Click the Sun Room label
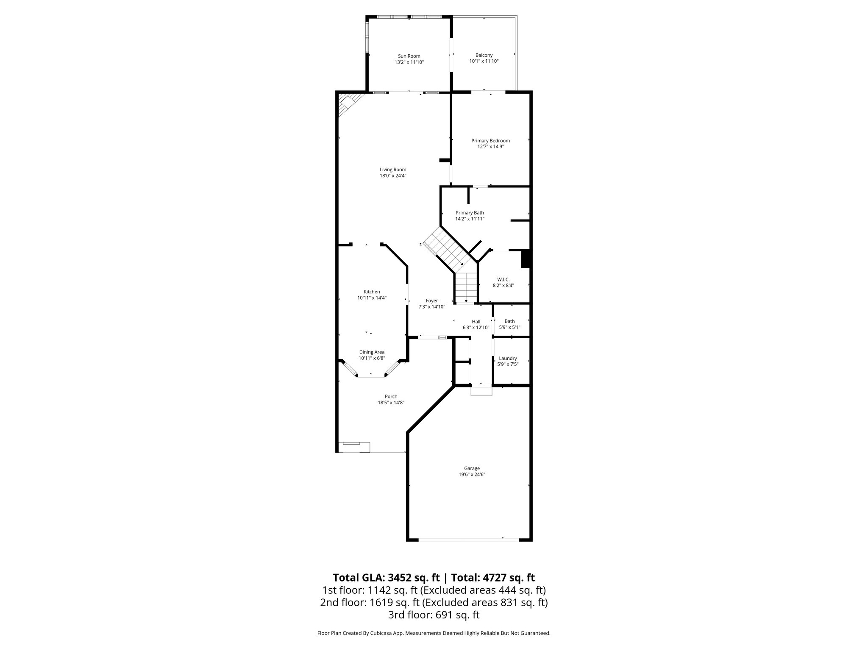click(409, 56)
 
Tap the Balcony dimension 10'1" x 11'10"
click(484, 61)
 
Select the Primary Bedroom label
click(490, 141)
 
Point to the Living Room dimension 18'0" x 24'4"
click(393, 176)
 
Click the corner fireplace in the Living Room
click(348, 104)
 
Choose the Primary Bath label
click(470, 213)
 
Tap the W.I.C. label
click(503, 279)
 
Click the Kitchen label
click(372, 292)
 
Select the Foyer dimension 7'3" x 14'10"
click(431, 307)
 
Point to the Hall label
click(476, 322)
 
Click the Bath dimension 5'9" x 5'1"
click(509, 327)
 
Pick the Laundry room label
click(508, 358)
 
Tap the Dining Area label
click(372, 352)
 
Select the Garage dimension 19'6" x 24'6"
click(471, 475)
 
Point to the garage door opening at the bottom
click(468, 539)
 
